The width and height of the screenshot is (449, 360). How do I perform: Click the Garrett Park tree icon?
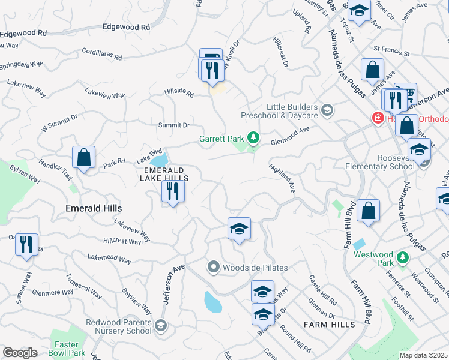[253, 139]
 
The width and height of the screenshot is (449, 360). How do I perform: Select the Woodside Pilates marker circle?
[213, 267]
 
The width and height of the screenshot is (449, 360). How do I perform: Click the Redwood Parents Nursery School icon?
[160, 326]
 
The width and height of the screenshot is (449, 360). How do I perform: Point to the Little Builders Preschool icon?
[327, 110]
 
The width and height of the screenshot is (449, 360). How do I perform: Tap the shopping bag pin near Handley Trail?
[83, 158]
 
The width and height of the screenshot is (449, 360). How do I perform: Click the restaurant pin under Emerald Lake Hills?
[173, 191]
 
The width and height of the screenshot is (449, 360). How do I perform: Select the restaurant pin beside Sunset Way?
[26, 244]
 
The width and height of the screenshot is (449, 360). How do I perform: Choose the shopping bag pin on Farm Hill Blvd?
[368, 211]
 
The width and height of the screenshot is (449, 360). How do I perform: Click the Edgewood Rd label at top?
[126, 27]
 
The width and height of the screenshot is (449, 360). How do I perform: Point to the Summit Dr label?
[173, 125]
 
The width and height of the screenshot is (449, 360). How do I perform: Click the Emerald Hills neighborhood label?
[93, 208]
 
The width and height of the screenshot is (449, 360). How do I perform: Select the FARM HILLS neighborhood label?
[329, 324]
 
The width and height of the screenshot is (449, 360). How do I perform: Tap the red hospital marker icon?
[378, 118]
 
